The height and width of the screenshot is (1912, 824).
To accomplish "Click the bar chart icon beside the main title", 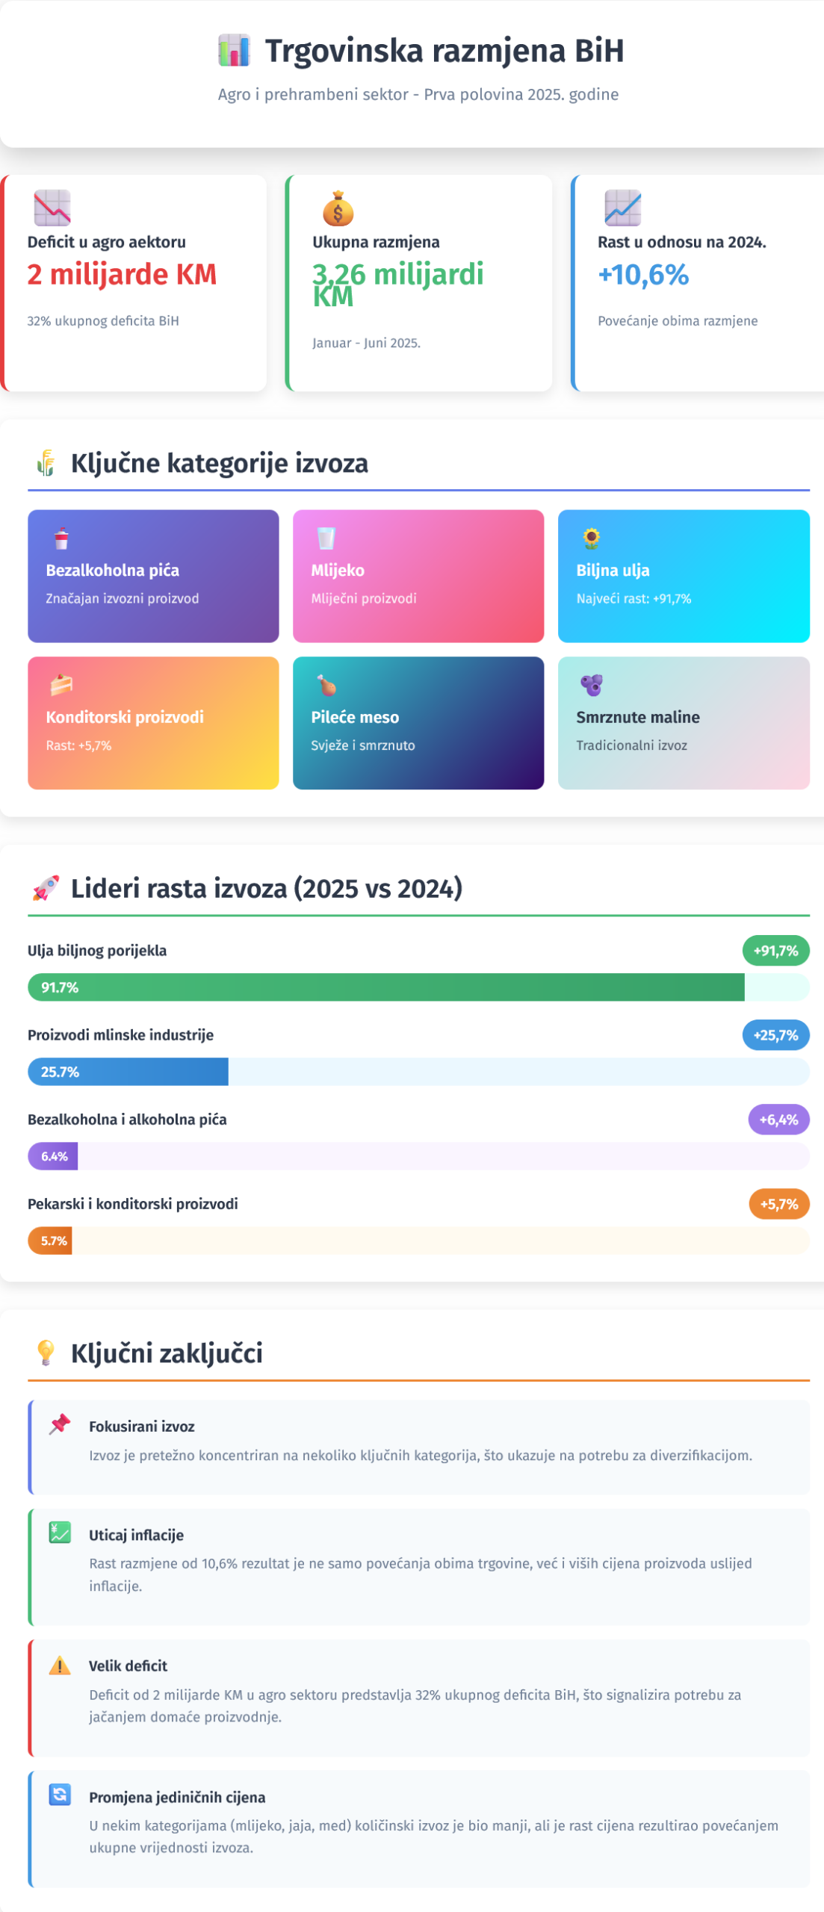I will pyautogui.click(x=234, y=51).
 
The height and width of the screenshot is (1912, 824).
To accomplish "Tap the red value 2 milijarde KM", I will pyautogui.click(x=122, y=275).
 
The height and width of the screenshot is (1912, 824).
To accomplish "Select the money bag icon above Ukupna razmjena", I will pyautogui.click(x=338, y=208).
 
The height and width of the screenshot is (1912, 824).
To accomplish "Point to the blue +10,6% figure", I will pyautogui.click(x=643, y=275).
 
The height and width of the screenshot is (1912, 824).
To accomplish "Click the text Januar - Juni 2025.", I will pyautogui.click(x=366, y=343).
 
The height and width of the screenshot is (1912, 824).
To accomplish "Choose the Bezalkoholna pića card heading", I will pyautogui.click(x=113, y=570).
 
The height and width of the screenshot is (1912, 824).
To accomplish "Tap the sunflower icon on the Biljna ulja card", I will pyautogui.click(x=591, y=538).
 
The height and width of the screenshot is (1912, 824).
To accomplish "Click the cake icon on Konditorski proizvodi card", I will pyautogui.click(x=61, y=684).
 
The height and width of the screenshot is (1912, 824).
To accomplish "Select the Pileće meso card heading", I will pyautogui.click(x=355, y=717).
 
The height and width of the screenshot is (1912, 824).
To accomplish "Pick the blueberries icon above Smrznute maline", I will pyautogui.click(x=591, y=684).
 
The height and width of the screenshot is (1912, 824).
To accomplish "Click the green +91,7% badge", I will pyautogui.click(x=775, y=951).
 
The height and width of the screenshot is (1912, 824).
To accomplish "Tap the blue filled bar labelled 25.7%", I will pyautogui.click(x=128, y=1072).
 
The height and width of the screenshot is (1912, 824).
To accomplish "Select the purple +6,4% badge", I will pyautogui.click(x=778, y=1120).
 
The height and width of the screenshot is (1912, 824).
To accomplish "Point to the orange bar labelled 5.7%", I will pyautogui.click(x=50, y=1241).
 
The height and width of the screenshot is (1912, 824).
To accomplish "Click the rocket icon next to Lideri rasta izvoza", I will pyautogui.click(x=46, y=889).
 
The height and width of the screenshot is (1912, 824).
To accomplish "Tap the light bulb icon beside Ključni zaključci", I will pyautogui.click(x=46, y=1353).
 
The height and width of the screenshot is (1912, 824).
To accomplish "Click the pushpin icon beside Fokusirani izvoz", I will pyautogui.click(x=60, y=1424).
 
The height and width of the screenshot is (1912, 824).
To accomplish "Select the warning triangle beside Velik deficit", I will pyautogui.click(x=60, y=1665).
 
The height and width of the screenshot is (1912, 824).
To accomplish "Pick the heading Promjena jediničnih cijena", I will pyautogui.click(x=177, y=1797).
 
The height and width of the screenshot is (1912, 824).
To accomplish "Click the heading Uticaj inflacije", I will pyautogui.click(x=136, y=1535).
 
